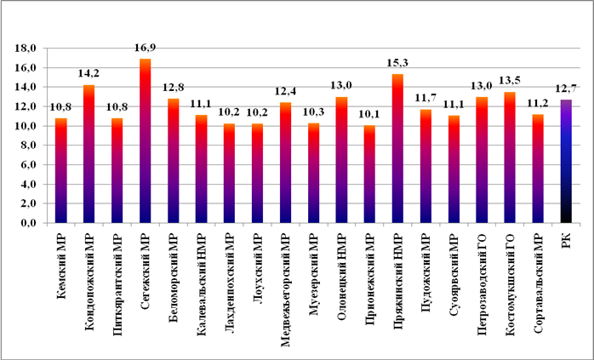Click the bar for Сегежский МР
[x=145, y=140]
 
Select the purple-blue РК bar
[x=566, y=161]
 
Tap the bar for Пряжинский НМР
[x=397, y=149]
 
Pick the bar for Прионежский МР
[x=369, y=174]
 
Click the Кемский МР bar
[x=61, y=170]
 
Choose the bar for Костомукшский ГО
[x=510, y=157]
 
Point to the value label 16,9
[x=145, y=48]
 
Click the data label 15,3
[x=397, y=63]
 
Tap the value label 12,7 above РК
[x=566, y=89]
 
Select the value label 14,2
[x=89, y=73]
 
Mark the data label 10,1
[x=369, y=114]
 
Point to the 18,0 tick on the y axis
[x=25, y=49]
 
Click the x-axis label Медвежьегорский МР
[x=286, y=290]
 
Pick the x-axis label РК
[x=566, y=242]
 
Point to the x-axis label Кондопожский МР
[x=89, y=282]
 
